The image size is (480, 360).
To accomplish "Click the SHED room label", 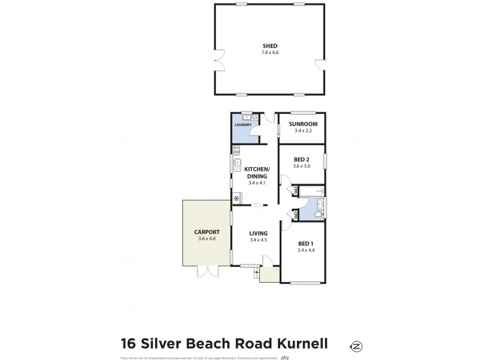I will [x=270, y=46].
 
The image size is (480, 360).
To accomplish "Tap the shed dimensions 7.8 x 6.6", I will [x=270, y=53].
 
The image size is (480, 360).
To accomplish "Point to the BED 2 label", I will [x=302, y=159].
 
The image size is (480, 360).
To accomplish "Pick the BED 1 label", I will [x=306, y=244].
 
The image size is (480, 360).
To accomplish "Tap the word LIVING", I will [x=258, y=233].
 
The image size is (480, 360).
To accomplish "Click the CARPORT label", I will [x=206, y=232].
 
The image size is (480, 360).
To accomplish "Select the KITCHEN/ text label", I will [x=257, y=170].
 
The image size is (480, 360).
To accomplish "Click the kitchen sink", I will [x=236, y=163].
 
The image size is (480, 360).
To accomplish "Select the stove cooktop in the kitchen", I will [x=236, y=151].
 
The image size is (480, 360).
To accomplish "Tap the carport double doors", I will [x=208, y=271].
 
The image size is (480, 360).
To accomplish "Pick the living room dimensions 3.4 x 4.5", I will [x=258, y=241].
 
